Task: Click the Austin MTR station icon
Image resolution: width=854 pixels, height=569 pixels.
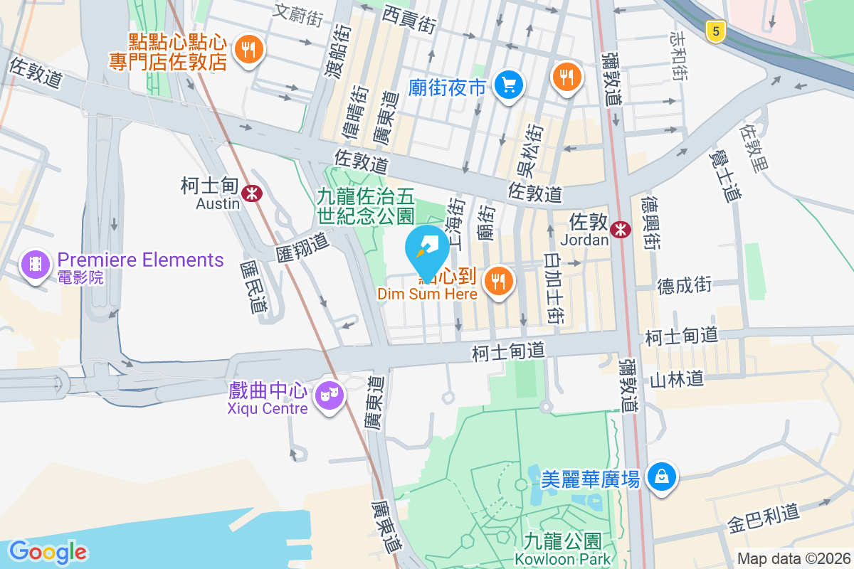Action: pos(251,193)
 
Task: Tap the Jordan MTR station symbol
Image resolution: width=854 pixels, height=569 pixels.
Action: pos(621,229)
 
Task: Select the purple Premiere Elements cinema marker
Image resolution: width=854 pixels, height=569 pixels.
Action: pos(35,265)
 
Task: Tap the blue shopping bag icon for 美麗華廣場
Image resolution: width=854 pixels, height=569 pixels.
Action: pos(662,476)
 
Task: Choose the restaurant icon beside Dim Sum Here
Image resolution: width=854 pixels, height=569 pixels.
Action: pos(500,281)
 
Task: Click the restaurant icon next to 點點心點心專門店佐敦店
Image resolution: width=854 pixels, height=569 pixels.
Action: pos(248,50)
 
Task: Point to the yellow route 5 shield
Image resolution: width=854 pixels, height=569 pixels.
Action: pos(716,31)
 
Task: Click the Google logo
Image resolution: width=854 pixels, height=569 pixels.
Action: pos(48,551)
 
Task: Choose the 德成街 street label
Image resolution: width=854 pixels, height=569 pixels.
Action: pos(684,285)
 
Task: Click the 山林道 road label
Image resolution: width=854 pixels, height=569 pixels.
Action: pos(677,378)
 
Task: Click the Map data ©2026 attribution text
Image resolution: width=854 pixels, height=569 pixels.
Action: pos(794,558)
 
